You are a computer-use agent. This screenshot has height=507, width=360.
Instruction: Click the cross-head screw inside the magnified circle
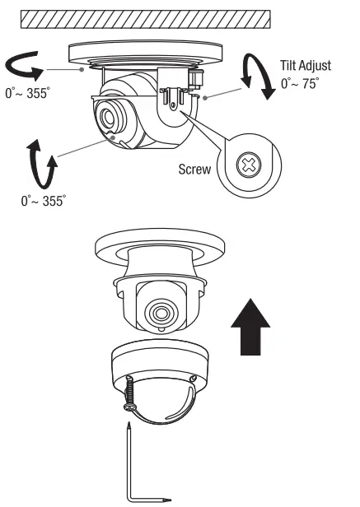(245, 165)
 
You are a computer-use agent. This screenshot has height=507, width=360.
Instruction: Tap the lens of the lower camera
(159, 312)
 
